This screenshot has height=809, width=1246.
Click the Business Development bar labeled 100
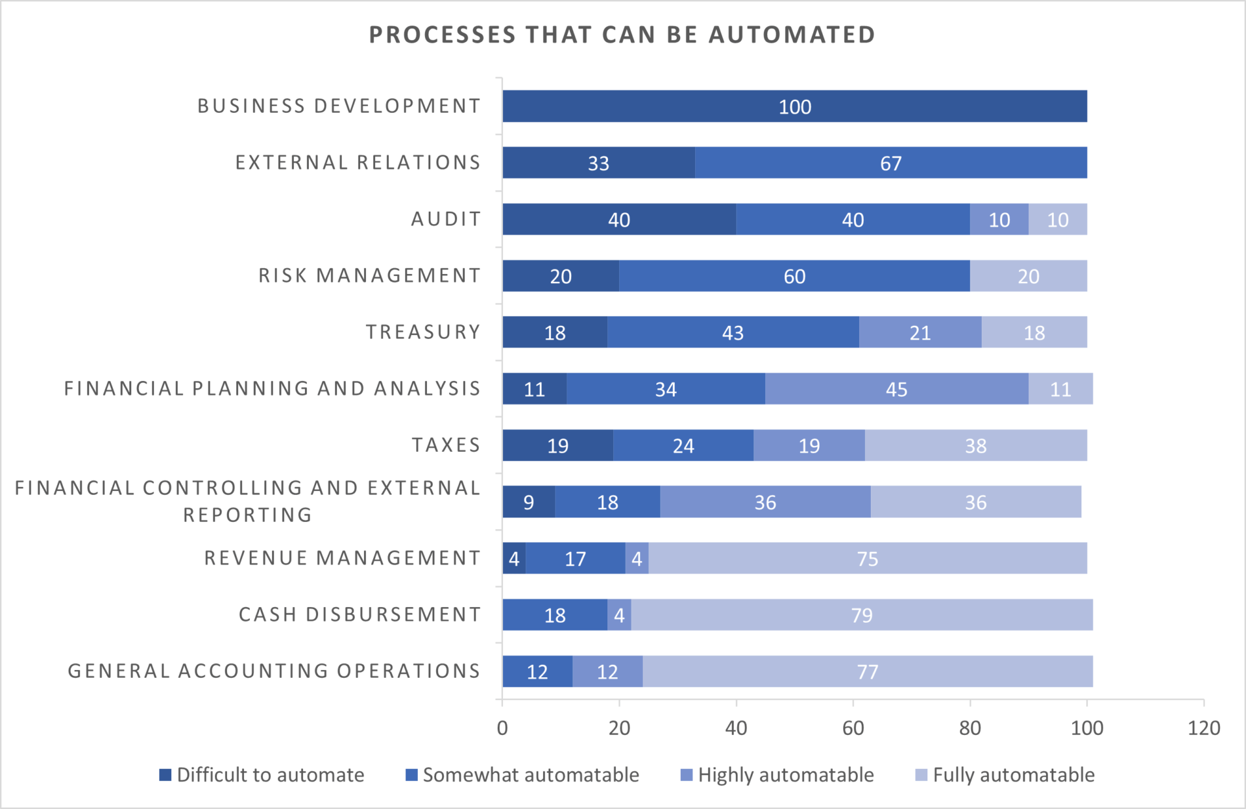(794, 106)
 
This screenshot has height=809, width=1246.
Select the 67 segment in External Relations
(890, 163)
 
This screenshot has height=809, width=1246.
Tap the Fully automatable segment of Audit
(1057, 219)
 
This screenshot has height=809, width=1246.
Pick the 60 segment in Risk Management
(794, 276)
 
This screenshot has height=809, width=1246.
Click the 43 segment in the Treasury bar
(733, 332)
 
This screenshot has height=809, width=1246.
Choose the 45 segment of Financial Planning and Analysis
(896, 389)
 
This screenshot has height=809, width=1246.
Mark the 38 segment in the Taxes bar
(975, 445)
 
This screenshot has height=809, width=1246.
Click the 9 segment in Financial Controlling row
(528, 502)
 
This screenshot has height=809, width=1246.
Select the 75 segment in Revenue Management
(867, 558)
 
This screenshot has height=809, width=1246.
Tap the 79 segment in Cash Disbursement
(861, 615)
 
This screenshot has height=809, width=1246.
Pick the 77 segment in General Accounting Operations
(867, 671)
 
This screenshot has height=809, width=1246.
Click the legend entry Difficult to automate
(262, 775)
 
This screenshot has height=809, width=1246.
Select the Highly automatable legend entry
(777, 775)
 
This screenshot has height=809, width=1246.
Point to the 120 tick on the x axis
(1203, 728)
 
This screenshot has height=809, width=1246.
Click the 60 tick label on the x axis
(853, 728)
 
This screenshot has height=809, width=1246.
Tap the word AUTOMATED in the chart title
(792, 34)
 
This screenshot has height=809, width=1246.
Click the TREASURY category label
(423, 332)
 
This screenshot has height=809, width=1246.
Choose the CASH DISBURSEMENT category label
(360, 614)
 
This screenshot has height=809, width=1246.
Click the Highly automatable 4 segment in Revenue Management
(637, 558)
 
